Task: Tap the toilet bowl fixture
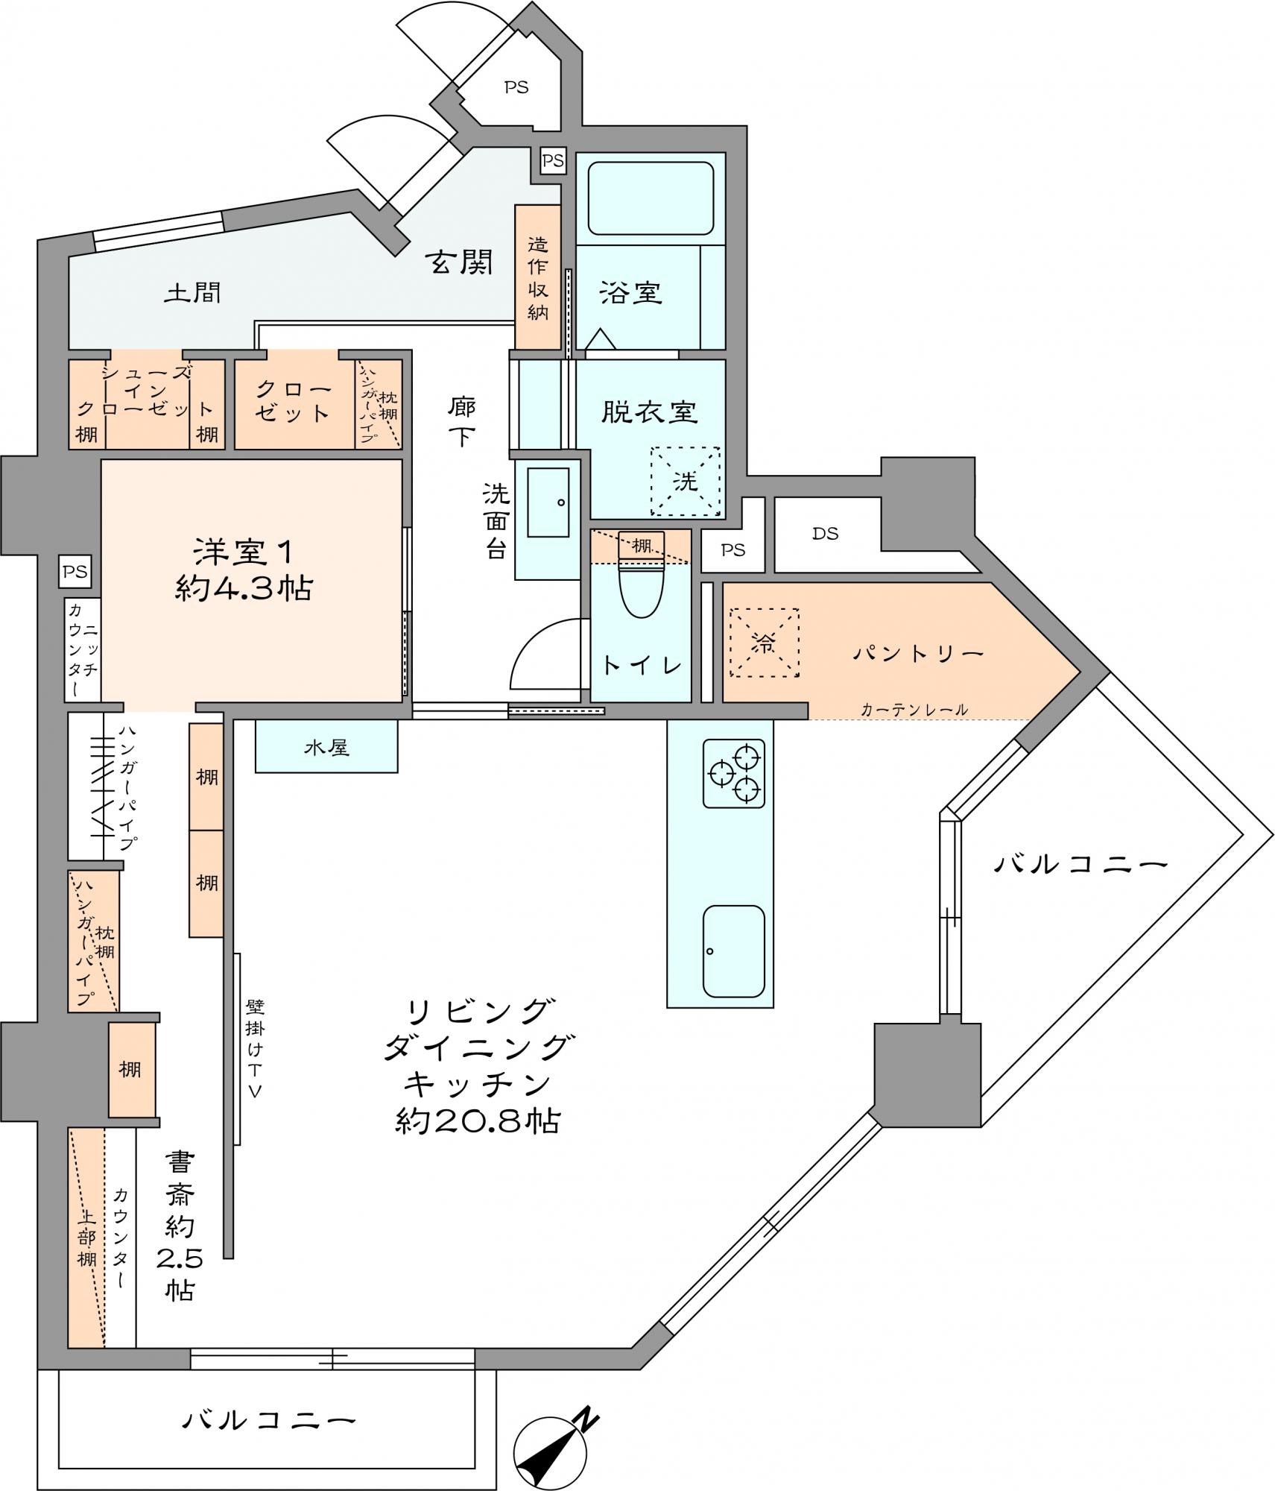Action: (641, 590)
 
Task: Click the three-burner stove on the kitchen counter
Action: (734, 774)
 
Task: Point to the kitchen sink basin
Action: (734, 951)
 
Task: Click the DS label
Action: (826, 533)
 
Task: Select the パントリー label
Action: (918, 654)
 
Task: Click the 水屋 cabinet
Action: (326, 745)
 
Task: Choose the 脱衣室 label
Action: (649, 412)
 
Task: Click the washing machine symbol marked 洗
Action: (686, 481)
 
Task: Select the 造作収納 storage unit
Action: (537, 277)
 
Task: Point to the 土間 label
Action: (192, 292)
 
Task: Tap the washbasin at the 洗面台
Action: (548, 502)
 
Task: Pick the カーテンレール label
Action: (914, 710)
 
